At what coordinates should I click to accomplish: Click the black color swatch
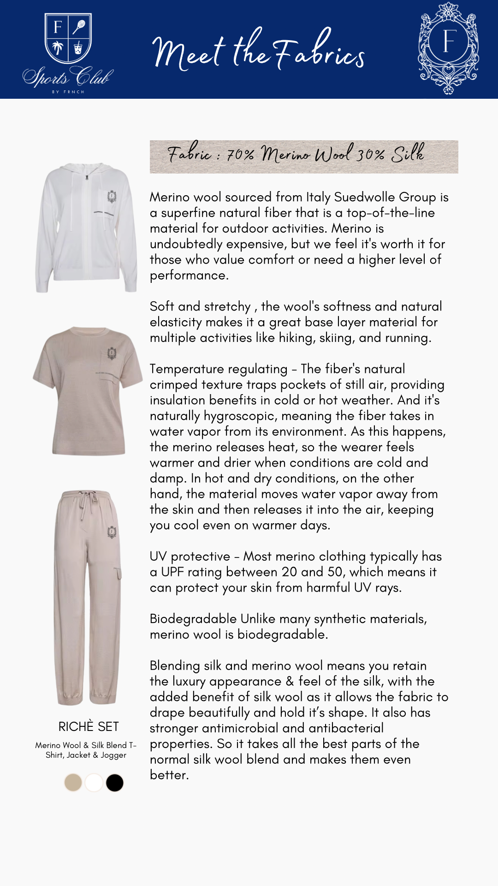114,783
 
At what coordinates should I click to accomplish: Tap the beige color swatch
73,783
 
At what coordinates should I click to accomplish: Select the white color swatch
94,783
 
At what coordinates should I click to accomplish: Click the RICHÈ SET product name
89,726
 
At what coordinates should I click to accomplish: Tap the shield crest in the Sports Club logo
68,39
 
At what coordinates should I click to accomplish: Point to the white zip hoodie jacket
86,227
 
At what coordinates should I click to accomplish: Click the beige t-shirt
88,390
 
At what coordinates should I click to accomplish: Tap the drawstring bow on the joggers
86,499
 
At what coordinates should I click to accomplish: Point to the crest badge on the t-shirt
111,354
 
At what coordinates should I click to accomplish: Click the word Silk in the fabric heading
408,154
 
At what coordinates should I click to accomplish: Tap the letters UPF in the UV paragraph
172,572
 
